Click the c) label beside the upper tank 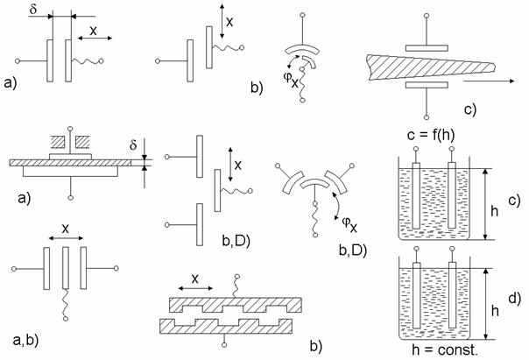pos(514,201)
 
